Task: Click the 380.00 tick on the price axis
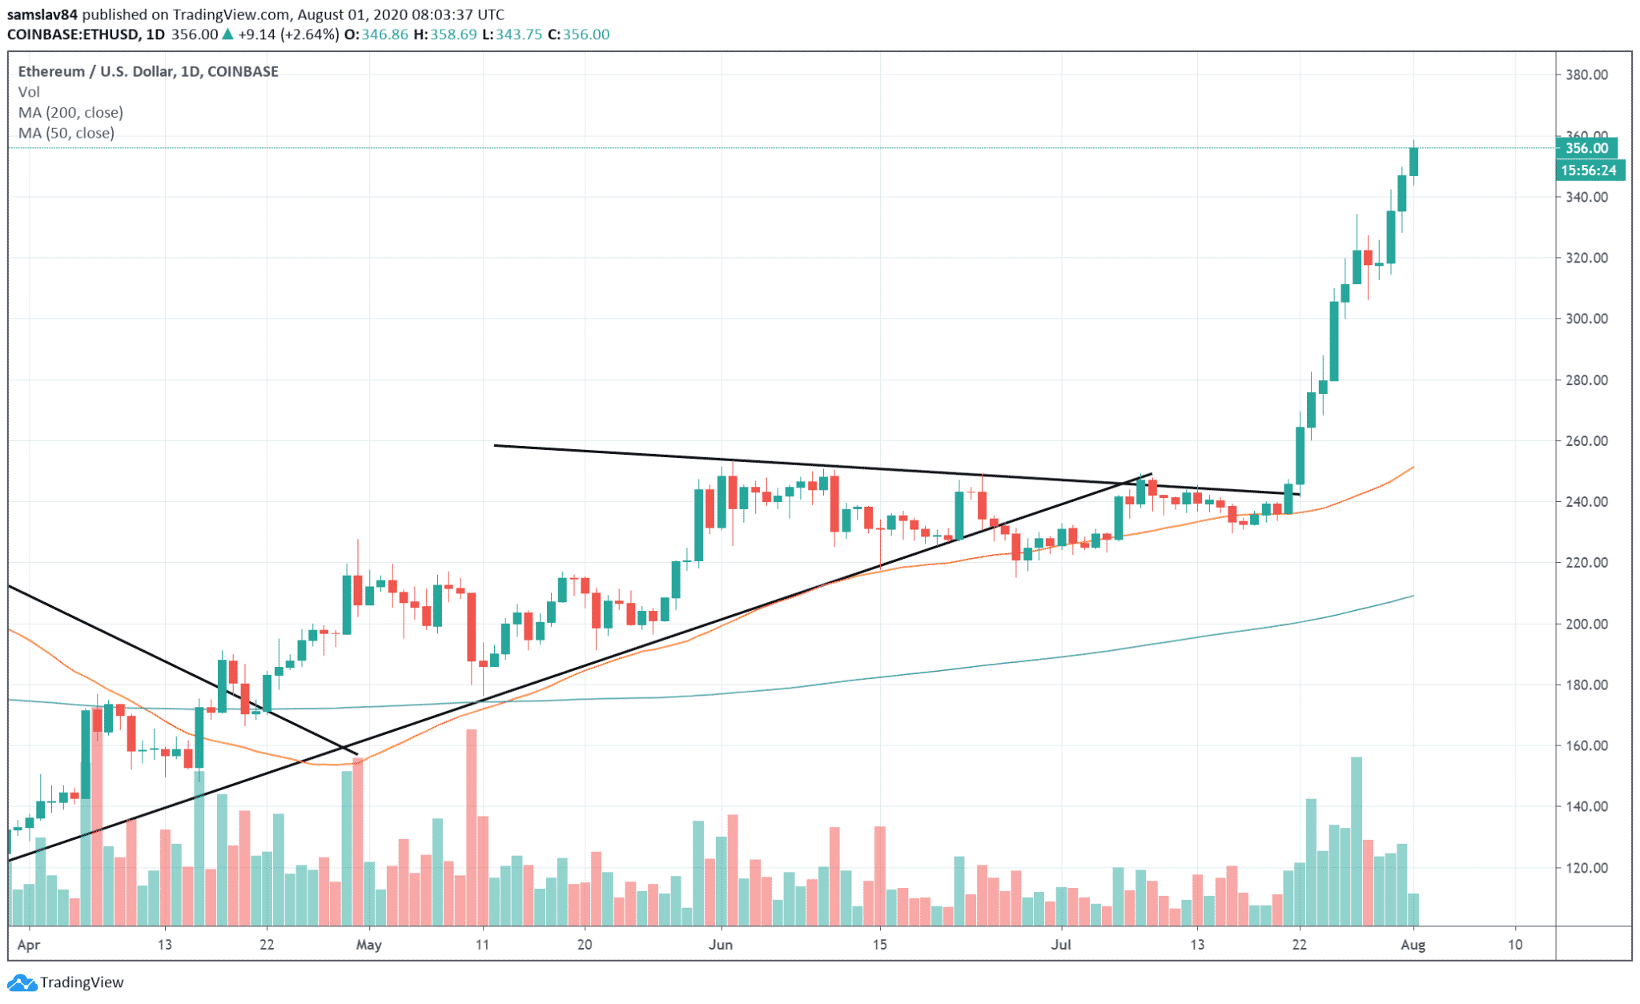(x=1586, y=74)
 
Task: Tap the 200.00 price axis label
(x=1586, y=624)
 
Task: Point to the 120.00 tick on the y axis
(x=1586, y=868)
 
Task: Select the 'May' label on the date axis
(x=368, y=945)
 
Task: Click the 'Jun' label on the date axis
(x=721, y=945)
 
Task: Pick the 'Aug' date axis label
(x=1413, y=945)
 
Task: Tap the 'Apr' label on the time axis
(x=29, y=945)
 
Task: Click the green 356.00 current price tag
(x=1586, y=148)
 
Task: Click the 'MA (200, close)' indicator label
(x=70, y=113)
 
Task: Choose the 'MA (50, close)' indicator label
(x=66, y=133)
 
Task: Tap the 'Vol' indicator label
(x=29, y=92)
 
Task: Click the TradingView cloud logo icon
(x=22, y=982)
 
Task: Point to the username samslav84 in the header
(x=42, y=14)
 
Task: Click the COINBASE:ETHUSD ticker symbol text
(x=74, y=34)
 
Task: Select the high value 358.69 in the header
(x=453, y=34)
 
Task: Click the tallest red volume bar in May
(x=472, y=827)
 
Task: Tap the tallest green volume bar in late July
(x=1357, y=841)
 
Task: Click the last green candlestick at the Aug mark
(x=1414, y=162)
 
